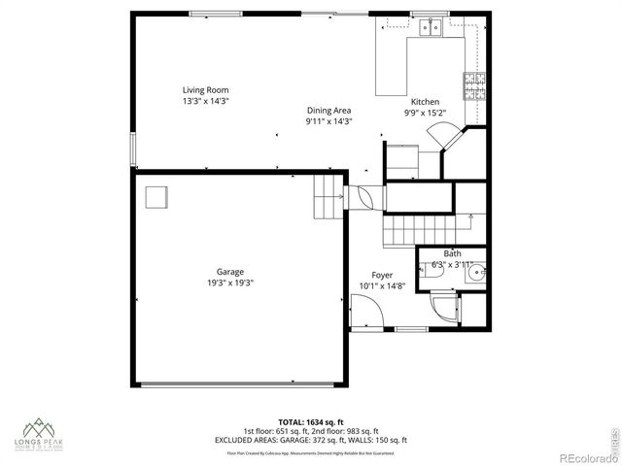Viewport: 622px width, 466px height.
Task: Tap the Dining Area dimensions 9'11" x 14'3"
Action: click(328, 121)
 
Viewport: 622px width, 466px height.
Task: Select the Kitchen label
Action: click(425, 102)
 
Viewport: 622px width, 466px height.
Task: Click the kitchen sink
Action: click(429, 28)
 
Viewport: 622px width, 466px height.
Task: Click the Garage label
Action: click(230, 271)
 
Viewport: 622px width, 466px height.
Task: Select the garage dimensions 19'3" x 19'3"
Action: click(230, 283)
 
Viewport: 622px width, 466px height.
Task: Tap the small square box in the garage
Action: click(155, 197)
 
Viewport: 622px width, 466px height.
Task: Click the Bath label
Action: click(453, 253)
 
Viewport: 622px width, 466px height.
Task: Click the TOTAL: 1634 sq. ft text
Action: click(310, 422)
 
